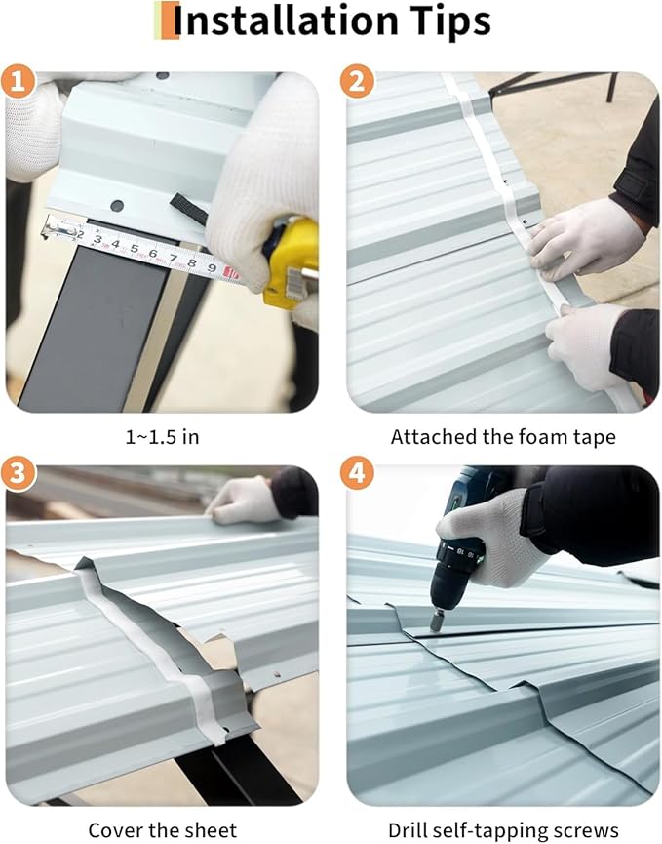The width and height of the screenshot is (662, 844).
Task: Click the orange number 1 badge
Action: tap(18, 82)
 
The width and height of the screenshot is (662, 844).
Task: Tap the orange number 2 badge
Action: tap(357, 82)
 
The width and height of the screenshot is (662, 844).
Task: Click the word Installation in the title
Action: tap(286, 20)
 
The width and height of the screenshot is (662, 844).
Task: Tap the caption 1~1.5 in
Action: tap(163, 436)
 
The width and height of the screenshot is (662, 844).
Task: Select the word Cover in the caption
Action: tap(113, 829)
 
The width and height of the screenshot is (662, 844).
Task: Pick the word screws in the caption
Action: tap(588, 830)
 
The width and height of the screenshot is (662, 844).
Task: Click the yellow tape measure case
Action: tap(291, 262)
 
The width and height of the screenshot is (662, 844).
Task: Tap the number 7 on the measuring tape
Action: tap(174, 258)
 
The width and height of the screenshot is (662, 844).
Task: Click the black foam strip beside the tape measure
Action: tap(189, 210)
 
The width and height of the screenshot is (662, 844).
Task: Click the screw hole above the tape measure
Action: tap(117, 205)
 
